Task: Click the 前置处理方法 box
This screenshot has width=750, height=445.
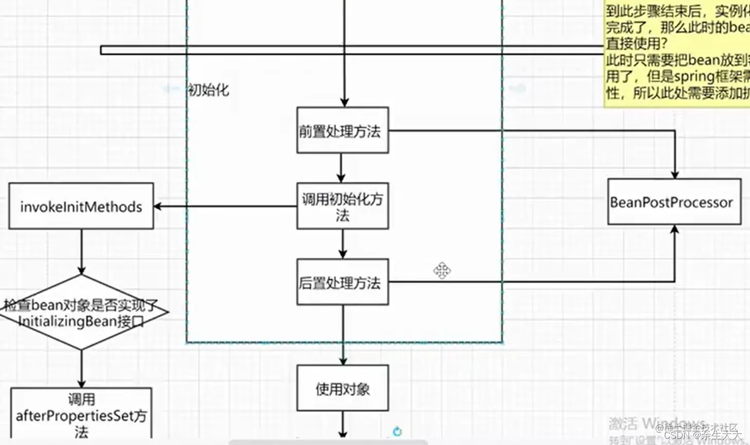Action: click(342, 130)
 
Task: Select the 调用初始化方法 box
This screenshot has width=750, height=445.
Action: click(342, 207)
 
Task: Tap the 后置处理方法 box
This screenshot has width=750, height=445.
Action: click(342, 282)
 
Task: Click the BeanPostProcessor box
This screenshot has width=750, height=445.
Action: click(674, 202)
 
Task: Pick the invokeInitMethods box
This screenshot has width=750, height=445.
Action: click(81, 206)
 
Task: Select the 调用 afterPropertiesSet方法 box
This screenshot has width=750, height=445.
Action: click(81, 415)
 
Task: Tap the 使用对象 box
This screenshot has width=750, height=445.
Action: click(342, 388)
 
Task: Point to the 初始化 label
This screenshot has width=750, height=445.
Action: click(208, 90)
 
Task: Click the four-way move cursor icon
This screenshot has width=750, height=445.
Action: click(442, 270)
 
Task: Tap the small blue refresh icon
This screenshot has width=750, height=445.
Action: click(397, 432)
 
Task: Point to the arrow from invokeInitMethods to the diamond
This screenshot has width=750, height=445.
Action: click(81, 251)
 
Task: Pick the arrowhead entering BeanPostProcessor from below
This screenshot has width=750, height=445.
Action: click(674, 230)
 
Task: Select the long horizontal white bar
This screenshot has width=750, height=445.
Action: click(351, 50)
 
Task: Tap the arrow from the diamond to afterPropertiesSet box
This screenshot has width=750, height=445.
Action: click(81, 369)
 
